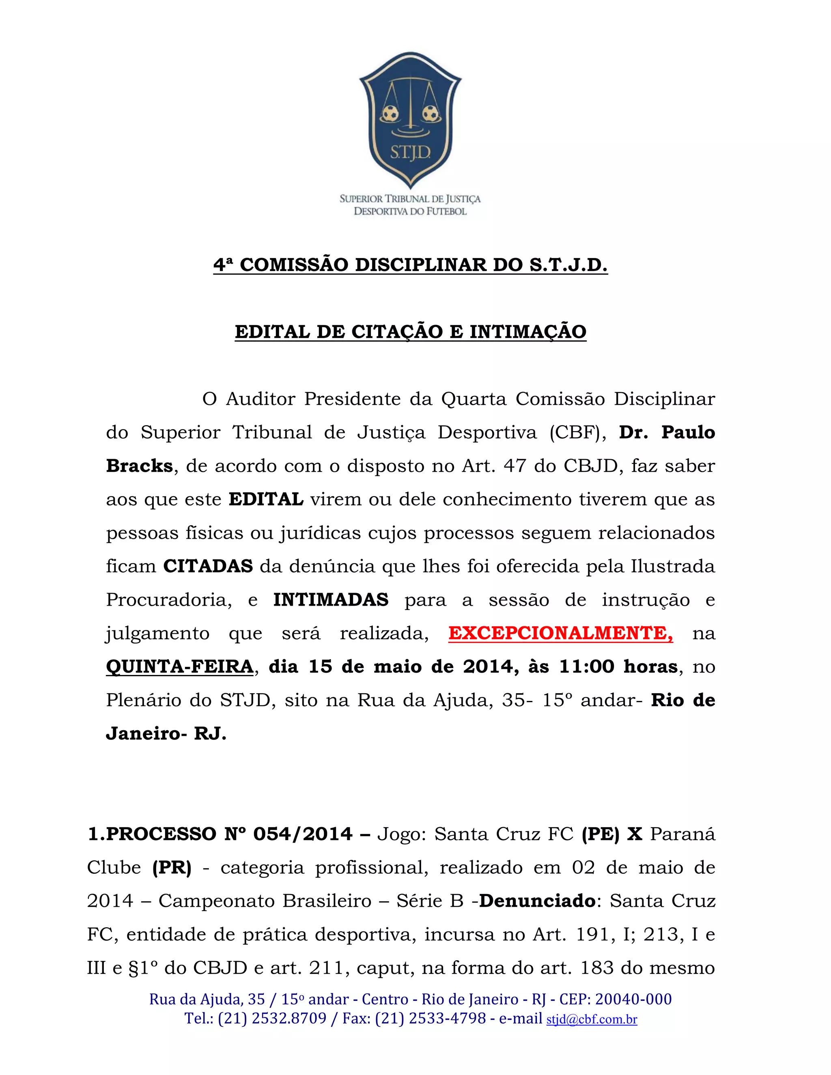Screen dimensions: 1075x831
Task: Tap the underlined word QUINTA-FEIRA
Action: coord(180,667)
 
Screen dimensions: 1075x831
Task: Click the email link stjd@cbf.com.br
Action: coord(592,1019)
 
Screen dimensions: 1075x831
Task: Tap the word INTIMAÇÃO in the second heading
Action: coord(528,332)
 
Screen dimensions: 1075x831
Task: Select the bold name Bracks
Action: coord(139,466)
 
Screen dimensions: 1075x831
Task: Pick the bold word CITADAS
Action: coord(208,567)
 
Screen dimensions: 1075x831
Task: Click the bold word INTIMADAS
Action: coord(331,600)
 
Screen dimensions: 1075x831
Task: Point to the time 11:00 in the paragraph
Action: coord(587,667)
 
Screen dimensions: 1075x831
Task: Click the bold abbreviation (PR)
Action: coord(172,868)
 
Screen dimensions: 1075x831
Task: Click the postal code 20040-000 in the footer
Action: coord(633,1000)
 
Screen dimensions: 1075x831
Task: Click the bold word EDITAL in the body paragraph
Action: coord(266,500)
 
